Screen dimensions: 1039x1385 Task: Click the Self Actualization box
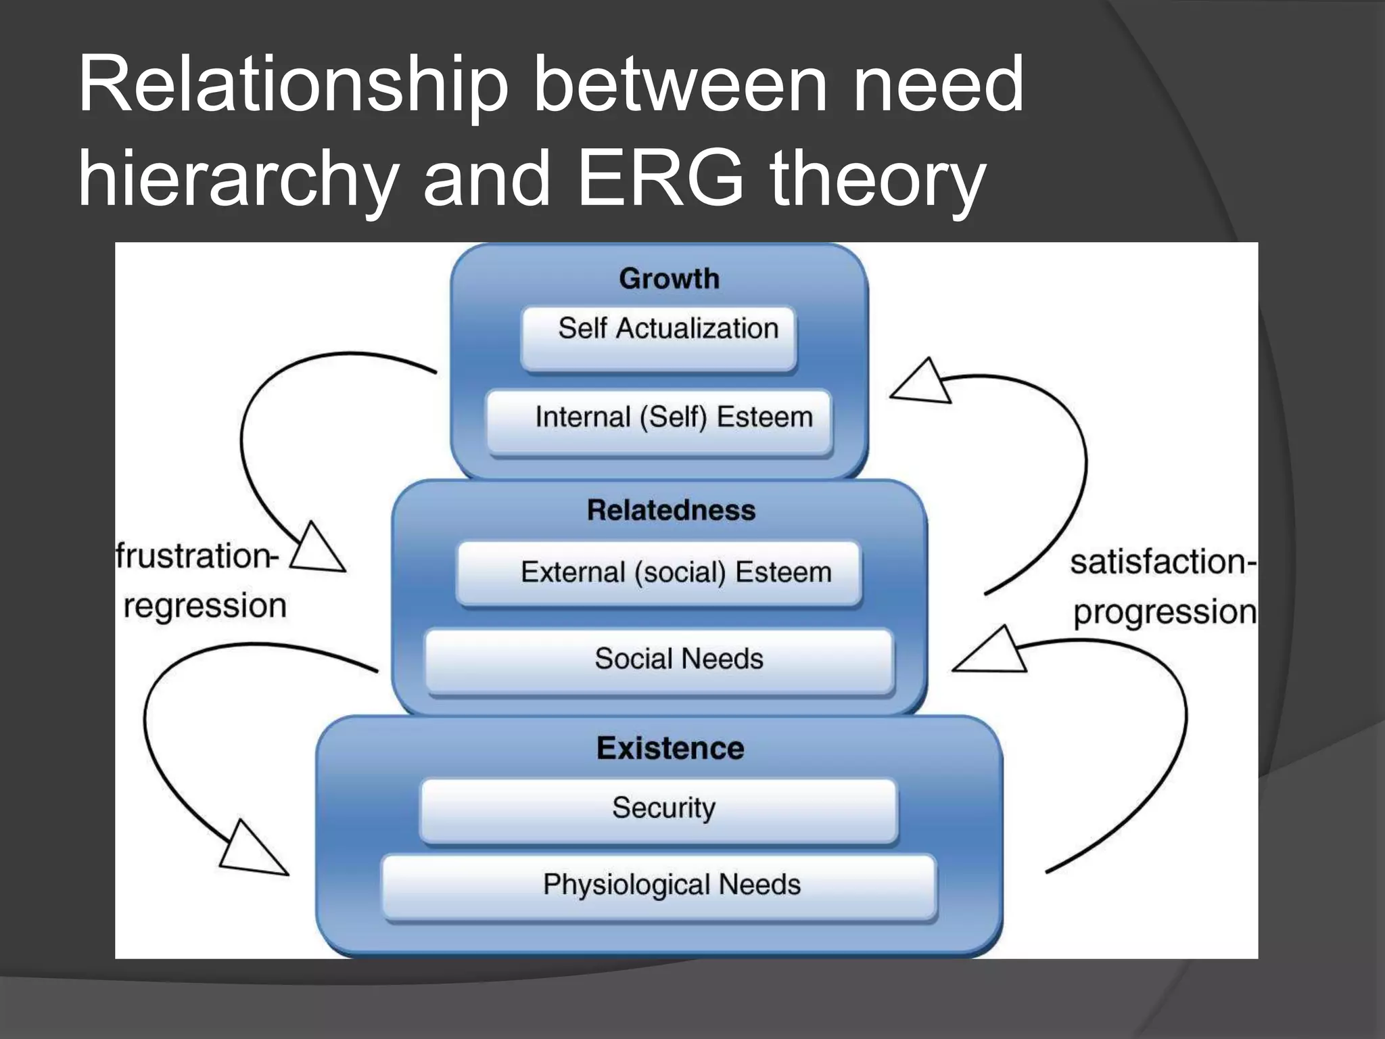click(x=659, y=338)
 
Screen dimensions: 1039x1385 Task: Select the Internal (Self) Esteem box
click(x=659, y=421)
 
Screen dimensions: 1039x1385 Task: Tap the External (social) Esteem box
click(x=659, y=573)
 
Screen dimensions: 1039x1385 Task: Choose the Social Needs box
click(x=659, y=661)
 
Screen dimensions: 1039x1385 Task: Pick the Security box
click(x=659, y=810)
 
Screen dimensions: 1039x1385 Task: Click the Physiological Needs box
click(x=659, y=886)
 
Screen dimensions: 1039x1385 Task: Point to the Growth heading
click(x=669, y=279)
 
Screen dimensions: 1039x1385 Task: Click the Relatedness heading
click(x=671, y=510)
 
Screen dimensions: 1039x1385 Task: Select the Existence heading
click(x=670, y=748)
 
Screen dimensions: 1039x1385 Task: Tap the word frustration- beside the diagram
click(x=196, y=557)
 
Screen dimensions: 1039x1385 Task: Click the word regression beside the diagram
click(x=205, y=605)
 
